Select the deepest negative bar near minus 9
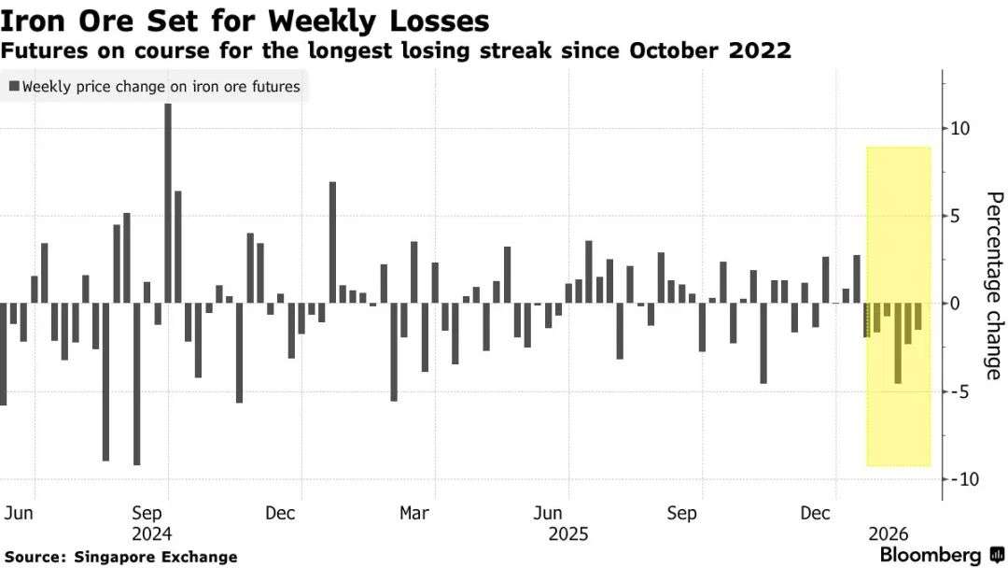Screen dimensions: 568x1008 [137, 383]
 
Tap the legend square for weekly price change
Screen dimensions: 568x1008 [13, 87]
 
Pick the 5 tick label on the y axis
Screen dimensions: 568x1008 [958, 217]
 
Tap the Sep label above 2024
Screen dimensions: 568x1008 [149, 513]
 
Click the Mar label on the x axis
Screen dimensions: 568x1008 [414, 513]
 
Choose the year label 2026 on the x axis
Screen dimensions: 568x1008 [888, 534]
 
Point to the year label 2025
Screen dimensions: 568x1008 [567, 534]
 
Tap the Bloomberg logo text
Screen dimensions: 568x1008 [931, 555]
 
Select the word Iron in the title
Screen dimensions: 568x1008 [37, 20]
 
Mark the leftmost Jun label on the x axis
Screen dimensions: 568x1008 [20, 513]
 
